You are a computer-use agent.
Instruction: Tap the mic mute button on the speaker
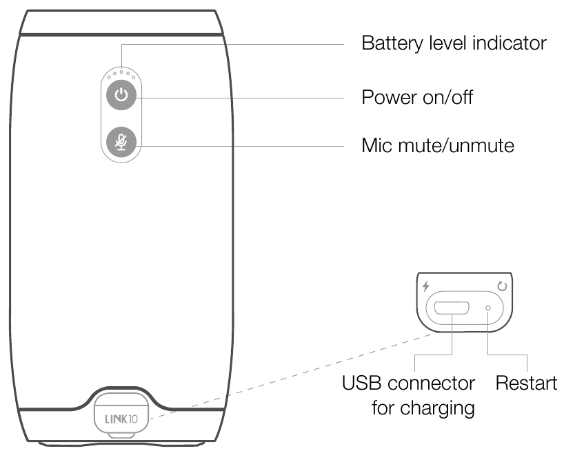point(121,142)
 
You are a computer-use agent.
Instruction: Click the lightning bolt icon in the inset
point(425,285)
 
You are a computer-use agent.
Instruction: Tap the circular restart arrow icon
point(502,285)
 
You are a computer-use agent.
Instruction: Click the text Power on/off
point(418,97)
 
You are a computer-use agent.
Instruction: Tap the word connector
point(432,383)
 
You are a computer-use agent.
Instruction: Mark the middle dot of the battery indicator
point(121,70)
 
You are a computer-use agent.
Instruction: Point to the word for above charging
point(383,408)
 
